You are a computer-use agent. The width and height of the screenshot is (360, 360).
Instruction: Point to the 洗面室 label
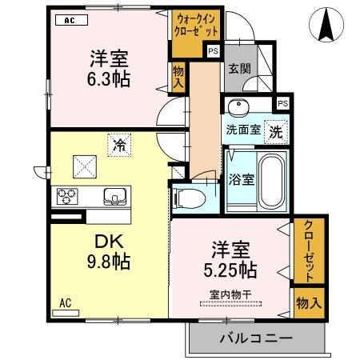(x=242, y=129)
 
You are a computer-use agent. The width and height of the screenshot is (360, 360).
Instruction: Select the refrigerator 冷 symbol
(x=118, y=146)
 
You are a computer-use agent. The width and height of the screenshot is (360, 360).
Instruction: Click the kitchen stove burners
(x=66, y=196)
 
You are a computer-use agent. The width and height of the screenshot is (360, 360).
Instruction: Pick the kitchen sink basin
(x=116, y=196)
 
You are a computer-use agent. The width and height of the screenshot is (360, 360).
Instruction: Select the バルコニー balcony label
(x=255, y=339)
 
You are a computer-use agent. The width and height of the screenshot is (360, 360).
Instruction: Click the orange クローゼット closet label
(x=308, y=250)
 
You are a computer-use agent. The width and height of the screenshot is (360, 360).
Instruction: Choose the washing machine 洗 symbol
(x=274, y=129)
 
